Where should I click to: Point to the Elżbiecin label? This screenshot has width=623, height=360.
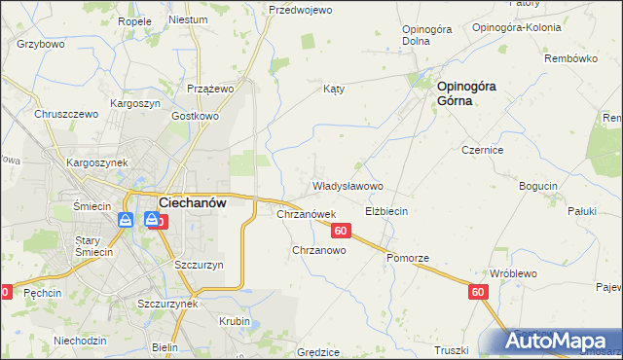[385, 210]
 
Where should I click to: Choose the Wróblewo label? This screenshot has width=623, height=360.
[513, 273]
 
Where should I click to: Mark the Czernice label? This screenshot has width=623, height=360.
[482, 151]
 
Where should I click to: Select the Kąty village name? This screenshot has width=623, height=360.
[334, 88]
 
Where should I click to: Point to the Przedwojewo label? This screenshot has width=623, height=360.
[300, 10]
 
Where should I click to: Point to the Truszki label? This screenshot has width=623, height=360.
[452, 350]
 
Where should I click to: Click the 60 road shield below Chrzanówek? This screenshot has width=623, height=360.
[340, 231]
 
